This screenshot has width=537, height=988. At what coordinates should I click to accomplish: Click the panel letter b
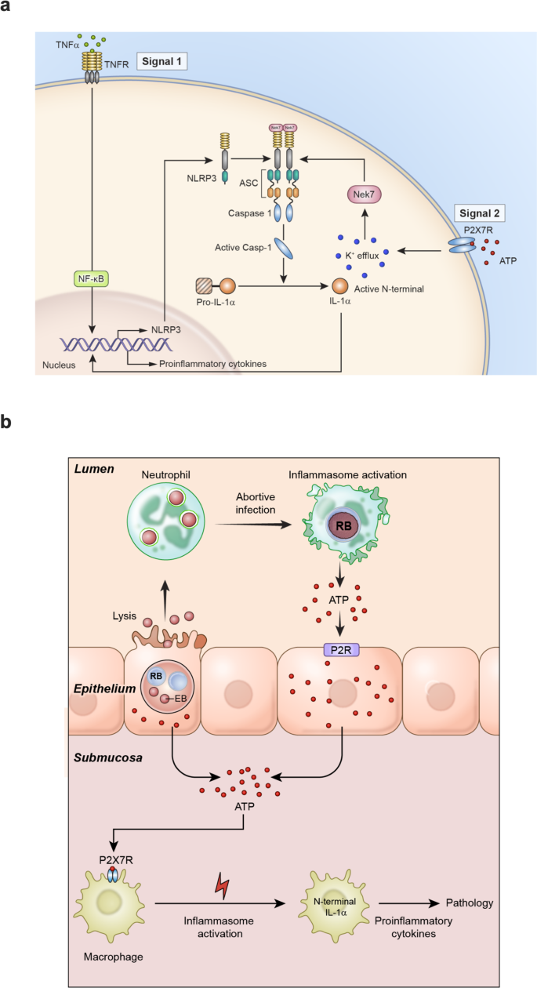coord(7,422)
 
